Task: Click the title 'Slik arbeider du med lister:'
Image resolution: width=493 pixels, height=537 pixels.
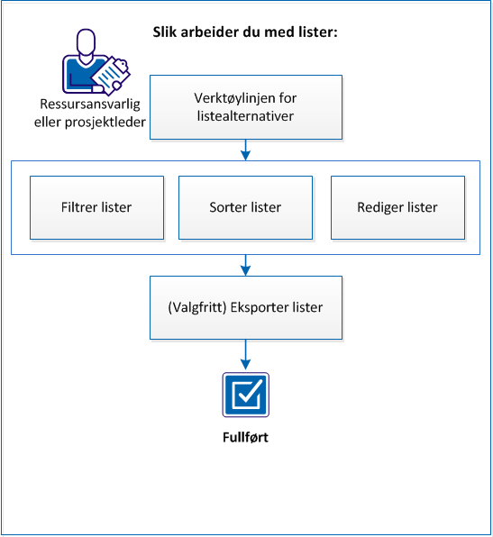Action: tap(246, 32)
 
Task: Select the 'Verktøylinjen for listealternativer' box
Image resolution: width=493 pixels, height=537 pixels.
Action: tap(246, 107)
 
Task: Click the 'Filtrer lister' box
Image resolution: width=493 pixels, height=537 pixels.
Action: tap(97, 207)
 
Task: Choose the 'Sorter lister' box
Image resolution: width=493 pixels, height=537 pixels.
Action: tap(245, 207)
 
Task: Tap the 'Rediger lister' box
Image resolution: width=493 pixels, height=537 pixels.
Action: tap(397, 207)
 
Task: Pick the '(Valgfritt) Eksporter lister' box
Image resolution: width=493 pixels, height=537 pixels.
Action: tap(246, 307)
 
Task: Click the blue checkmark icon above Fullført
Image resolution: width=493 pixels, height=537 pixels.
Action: tap(246, 395)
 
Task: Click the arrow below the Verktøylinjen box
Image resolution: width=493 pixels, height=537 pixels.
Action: tap(246, 150)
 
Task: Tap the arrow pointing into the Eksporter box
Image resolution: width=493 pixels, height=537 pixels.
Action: tap(246, 265)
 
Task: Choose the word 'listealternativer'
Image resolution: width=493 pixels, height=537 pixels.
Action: tap(246, 116)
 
